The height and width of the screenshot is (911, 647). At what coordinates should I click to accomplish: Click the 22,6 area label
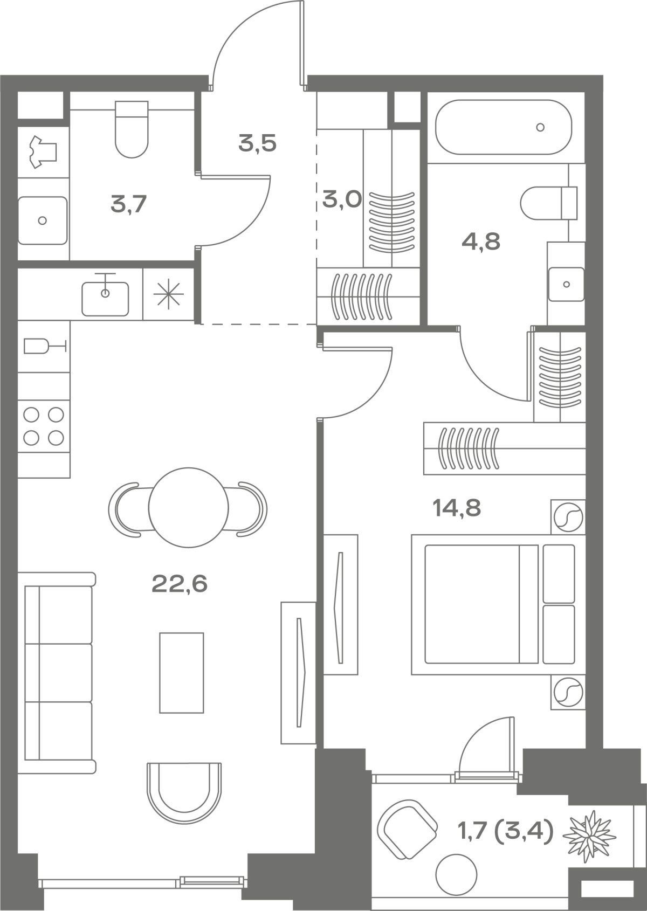(180, 584)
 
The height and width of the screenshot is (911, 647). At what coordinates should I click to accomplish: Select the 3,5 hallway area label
(257, 143)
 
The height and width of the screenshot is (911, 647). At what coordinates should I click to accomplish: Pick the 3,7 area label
(128, 204)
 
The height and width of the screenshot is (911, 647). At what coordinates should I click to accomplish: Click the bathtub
(504, 127)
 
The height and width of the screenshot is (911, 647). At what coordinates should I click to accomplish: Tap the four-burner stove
(44, 426)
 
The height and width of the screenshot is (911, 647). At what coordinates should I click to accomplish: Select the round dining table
(188, 508)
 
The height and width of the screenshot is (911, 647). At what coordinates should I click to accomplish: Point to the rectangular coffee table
(181, 673)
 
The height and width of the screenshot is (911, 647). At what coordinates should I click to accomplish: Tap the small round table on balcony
(456, 875)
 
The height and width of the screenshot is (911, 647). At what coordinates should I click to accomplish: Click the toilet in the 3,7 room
(132, 129)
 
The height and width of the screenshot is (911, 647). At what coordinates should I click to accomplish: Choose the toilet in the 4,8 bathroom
(549, 203)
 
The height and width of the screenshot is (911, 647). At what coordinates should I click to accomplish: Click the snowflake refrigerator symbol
(168, 294)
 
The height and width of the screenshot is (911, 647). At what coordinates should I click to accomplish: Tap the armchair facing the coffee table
(184, 792)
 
